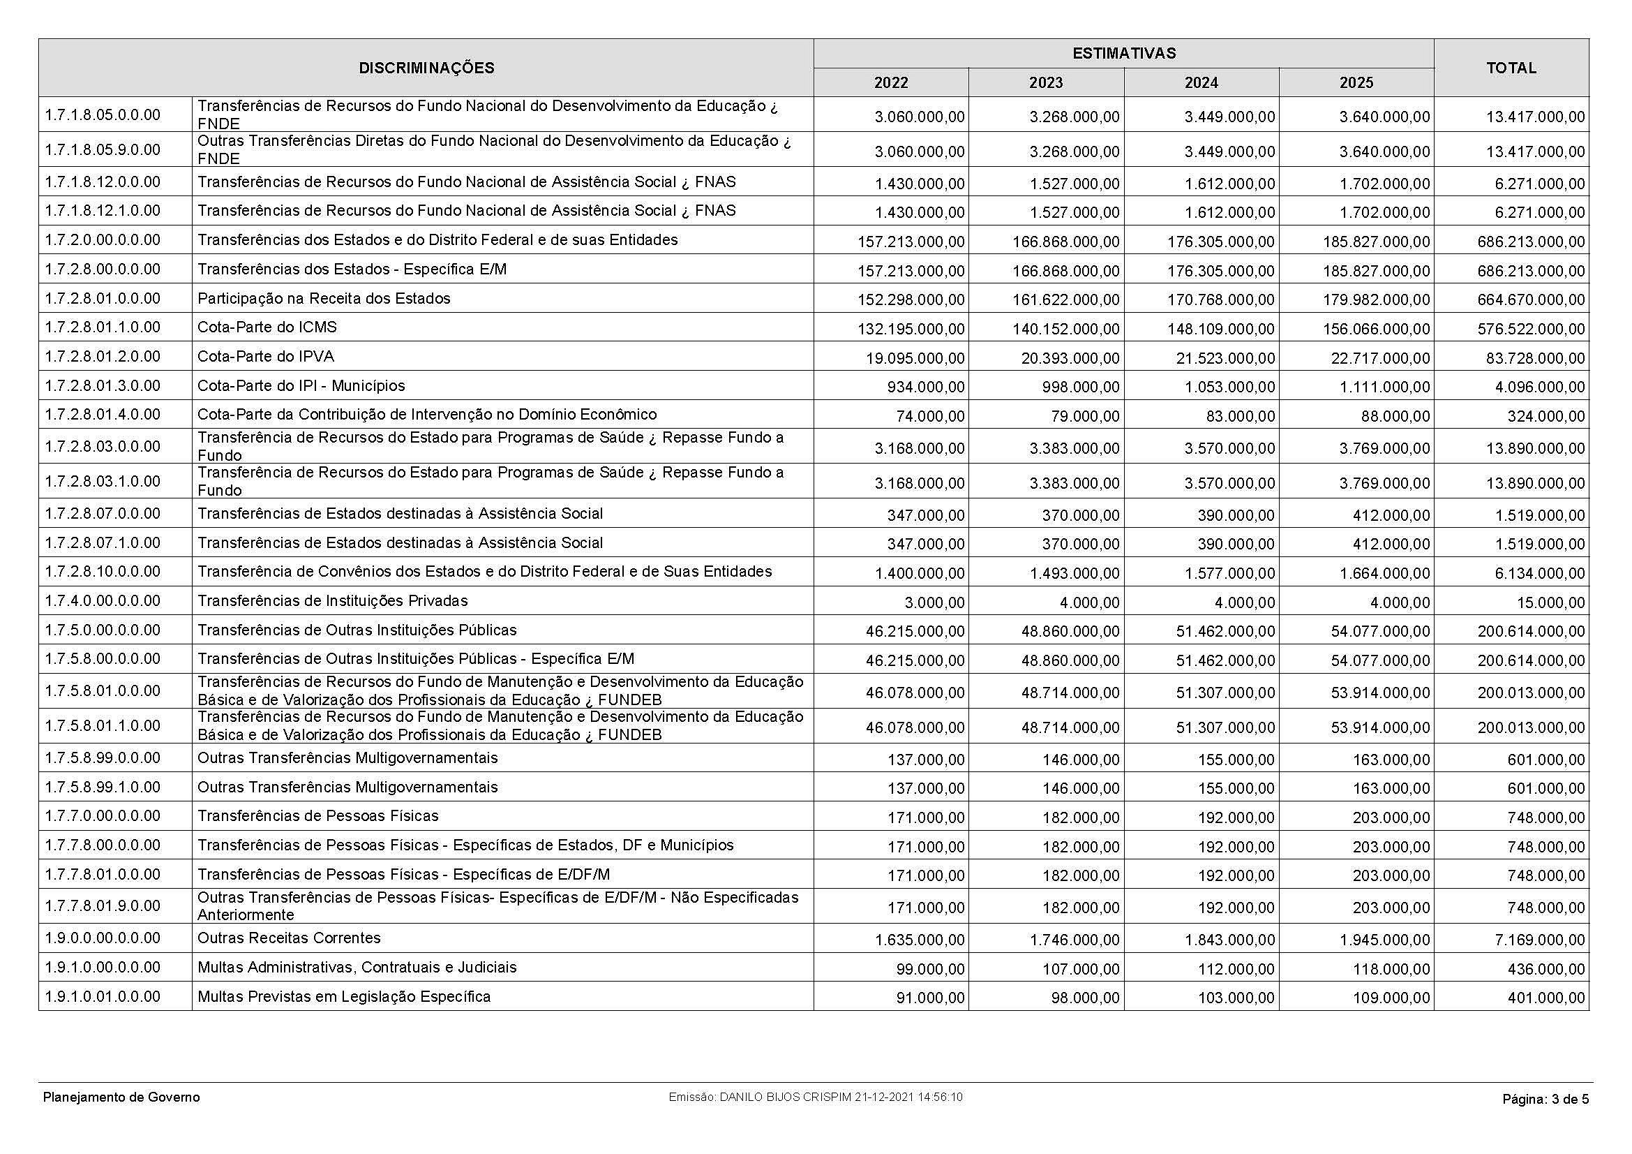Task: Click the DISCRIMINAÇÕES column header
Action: coord(426,68)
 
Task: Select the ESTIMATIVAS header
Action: coord(1123,53)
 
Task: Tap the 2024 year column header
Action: coord(1201,83)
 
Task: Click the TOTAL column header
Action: coord(1511,68)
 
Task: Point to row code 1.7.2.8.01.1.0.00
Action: coord(103,328)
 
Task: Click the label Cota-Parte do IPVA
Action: coord(266,357)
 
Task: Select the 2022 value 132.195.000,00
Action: coord(911,330)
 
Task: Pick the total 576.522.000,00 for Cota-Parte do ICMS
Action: coord(1530,330)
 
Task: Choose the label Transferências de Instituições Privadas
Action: coord(333,602)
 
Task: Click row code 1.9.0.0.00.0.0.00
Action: coord(103,938)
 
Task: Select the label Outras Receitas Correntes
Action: coord(290,938)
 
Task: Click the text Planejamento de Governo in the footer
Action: coord(121,1098)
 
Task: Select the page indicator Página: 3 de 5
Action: coord(1545,1100)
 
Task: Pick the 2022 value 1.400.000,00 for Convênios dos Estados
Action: coord(920,573)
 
